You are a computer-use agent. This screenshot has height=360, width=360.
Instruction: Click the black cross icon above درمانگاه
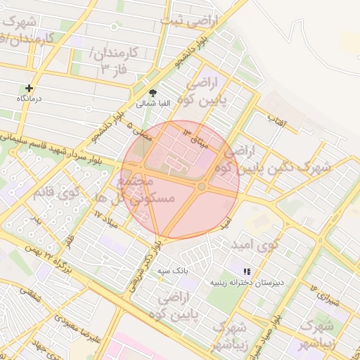(29, 89)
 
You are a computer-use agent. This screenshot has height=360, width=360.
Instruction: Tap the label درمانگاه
(30, 99)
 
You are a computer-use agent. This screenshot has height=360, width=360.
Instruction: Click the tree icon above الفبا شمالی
(153, 93)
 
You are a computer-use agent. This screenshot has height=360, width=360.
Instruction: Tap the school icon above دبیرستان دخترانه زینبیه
(247, 271)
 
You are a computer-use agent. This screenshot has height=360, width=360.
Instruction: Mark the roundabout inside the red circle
(202, 186)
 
